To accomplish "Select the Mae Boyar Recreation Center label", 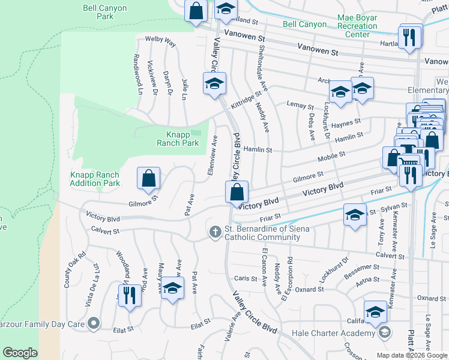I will coord(358,26).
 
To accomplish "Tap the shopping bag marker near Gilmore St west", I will coord(148,178).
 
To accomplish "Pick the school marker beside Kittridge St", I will coord(214,84).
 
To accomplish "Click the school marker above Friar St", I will coord(355,215).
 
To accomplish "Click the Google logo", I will coord(20,353).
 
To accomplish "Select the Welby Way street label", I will coord(160,42).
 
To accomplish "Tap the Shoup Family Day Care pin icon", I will coord(93,324).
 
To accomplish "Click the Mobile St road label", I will coord(331,157).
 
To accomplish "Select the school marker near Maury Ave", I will coord(172,289).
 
